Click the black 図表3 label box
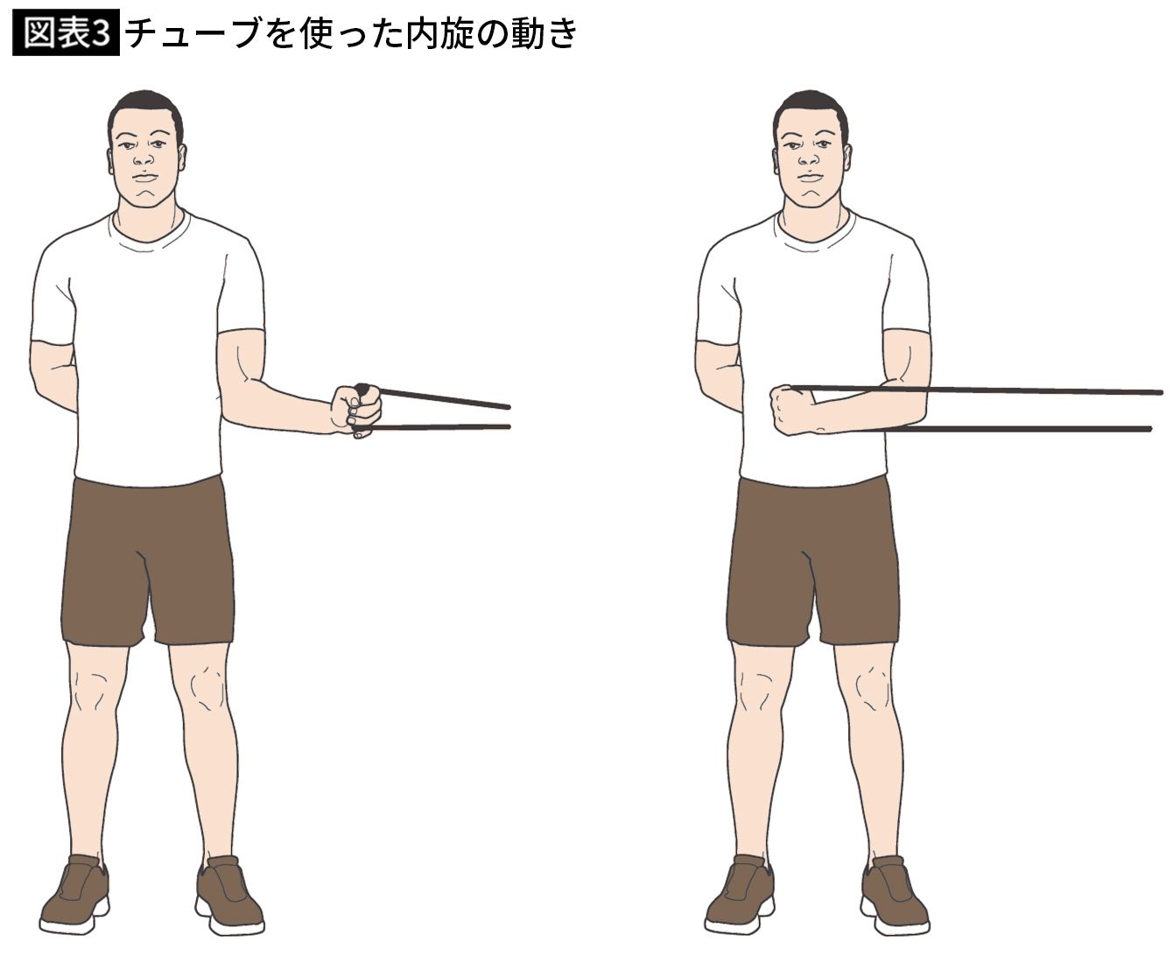click(66, 32)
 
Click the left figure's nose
click(144, 158)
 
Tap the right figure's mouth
click(809, 178)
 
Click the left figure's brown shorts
click(148, 561)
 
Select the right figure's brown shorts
click(812, 561)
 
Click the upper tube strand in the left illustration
click(444, 397)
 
